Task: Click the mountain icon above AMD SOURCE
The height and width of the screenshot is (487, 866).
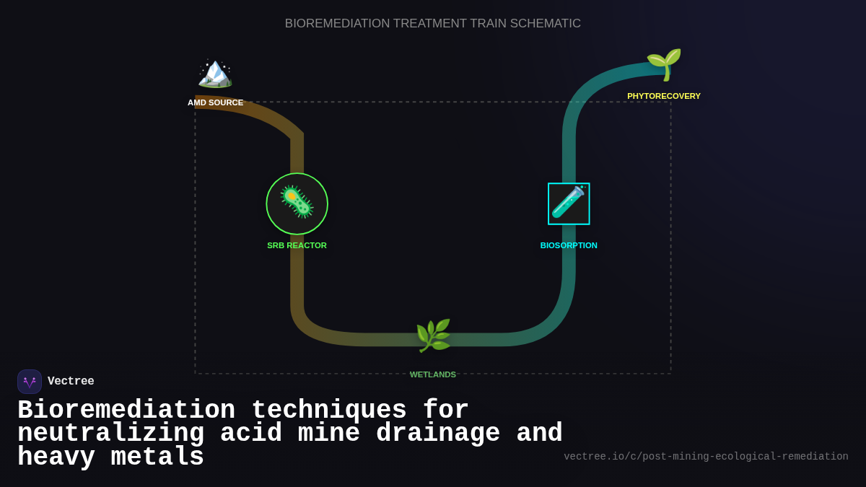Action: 215,73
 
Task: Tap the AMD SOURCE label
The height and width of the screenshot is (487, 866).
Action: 215,102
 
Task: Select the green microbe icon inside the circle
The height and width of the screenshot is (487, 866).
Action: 297,203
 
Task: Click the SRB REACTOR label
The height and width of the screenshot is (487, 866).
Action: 297,245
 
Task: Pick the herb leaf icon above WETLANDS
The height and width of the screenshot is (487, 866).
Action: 433,335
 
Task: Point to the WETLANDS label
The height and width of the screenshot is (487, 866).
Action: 433,374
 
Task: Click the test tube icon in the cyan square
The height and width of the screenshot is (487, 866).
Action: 569,203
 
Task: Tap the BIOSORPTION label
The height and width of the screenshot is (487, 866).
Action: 569,245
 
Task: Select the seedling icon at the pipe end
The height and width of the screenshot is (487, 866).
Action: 663,63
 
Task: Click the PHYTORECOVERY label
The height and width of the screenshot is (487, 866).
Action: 663,96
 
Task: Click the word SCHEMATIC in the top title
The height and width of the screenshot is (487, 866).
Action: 545,24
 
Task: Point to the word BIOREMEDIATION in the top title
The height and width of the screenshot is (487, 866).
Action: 337,24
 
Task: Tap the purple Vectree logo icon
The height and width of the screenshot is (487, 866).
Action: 30,382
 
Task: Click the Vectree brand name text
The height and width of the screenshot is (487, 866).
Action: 71,382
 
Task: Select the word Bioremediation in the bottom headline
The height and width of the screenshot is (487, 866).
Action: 126,411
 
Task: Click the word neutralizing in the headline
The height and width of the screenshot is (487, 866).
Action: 110,434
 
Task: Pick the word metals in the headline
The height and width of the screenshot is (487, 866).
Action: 157,457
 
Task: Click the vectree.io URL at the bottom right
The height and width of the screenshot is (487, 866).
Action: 705,457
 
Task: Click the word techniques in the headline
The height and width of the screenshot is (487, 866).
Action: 329,411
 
